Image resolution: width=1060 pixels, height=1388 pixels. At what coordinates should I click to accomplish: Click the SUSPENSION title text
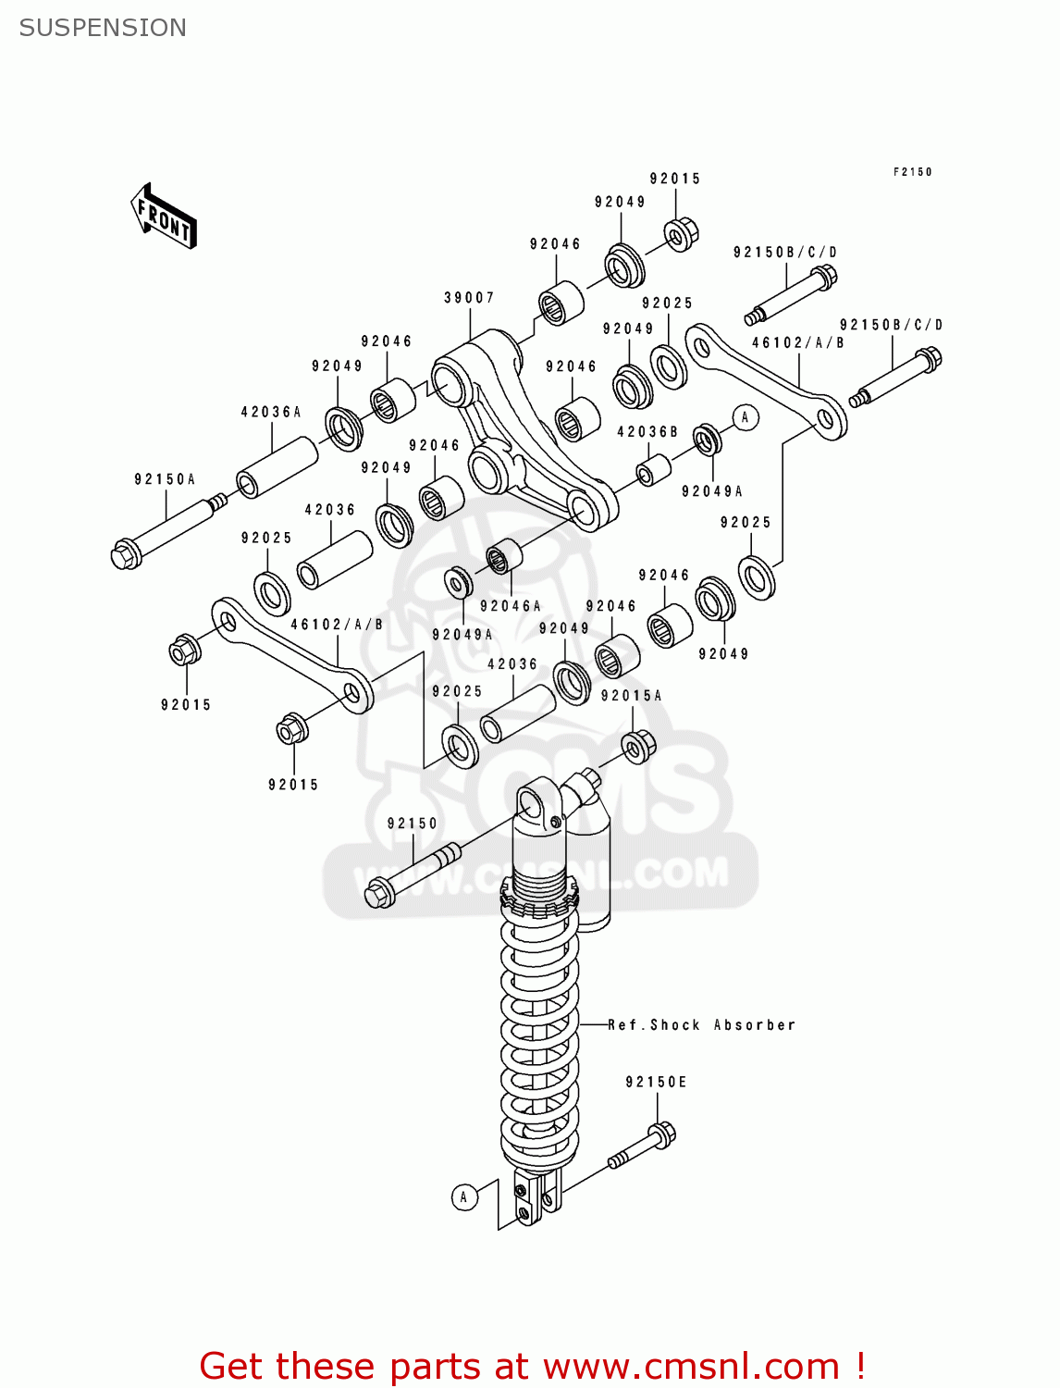pos(103,28)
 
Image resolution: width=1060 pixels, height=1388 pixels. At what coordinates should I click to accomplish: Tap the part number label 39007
pos(469,298)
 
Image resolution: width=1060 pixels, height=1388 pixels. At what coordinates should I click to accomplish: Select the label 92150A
pos(165,479)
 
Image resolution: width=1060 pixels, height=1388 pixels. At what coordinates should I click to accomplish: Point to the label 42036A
pos(271,412)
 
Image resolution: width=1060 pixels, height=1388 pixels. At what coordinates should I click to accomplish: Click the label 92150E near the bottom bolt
pos(656,1082)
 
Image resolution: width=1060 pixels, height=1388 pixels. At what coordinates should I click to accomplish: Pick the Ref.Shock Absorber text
pos(701,1025)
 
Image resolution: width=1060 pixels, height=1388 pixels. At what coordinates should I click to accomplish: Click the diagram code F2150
pos(912,172)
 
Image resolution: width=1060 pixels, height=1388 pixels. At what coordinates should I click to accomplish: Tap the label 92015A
pos(631,696)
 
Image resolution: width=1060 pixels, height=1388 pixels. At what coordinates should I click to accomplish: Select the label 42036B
pos(647,432)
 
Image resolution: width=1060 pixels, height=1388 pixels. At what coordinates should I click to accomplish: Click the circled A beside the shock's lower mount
pos(464,1196)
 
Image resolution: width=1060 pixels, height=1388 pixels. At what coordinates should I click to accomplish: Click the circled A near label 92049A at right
pos(745,417)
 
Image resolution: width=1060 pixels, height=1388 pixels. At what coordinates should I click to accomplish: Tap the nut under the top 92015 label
pos(681,234)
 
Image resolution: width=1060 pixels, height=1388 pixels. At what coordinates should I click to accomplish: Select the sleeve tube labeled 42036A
pos(277,467)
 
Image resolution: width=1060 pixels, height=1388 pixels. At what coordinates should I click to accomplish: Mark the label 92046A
pos(510,606)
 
